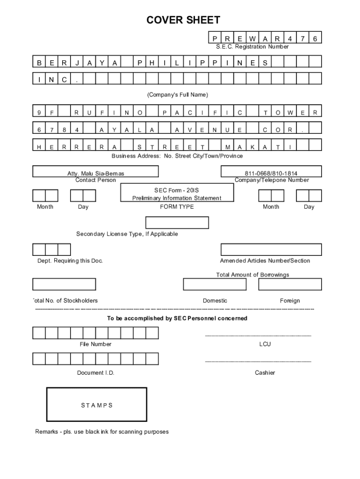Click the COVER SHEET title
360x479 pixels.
[x=183, y=20]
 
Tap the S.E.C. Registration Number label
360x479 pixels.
[x=252, y=47]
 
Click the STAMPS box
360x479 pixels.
[x=96, y=405]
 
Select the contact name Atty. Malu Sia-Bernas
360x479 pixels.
[x=96, y=174]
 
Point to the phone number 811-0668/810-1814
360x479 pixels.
[x=271, y=174]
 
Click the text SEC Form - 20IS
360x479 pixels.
[x=177, y=190]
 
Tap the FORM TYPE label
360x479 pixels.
[x=177, y=207]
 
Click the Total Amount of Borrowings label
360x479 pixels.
[x=252, y=275]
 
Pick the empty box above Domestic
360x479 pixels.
[x=215, y=284]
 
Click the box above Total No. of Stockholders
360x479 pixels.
[x=64, y=284]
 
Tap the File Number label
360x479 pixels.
[x=95, y=344]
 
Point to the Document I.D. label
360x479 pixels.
[x=95, y=373]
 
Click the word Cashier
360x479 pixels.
[x=265, y=373]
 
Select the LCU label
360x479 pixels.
[x=265, y=344]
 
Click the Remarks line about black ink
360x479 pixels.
[x=102, y=432]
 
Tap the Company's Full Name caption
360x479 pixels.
[x=178, y=95]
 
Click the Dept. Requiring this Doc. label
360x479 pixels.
[x=70, y=261]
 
